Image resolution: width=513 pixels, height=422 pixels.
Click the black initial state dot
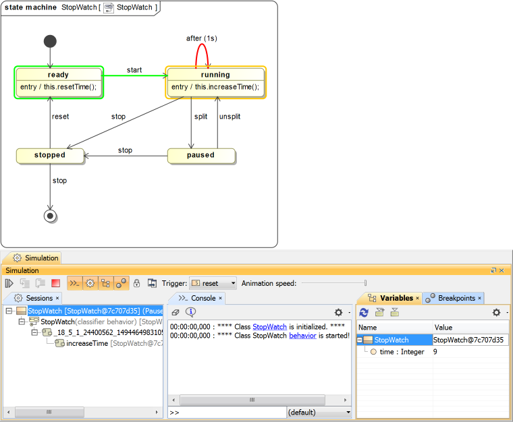[x=50, y=41]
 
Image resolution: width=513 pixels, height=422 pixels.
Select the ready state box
[x=58, y=82]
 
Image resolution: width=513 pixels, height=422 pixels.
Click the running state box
[x=215, y=82]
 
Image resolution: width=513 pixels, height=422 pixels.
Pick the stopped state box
[x=50, y=155]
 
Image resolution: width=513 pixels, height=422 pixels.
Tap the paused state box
[x=200, y=155]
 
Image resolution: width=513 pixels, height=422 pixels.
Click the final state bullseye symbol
[x=50, y=216]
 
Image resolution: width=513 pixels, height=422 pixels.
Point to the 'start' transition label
[x=134, y=70]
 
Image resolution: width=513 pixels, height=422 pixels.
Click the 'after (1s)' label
[x=202, y=38]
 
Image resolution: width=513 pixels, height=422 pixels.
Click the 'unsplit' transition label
[x=230, y=117]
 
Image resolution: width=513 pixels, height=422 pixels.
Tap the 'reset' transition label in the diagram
[x=61, y=117]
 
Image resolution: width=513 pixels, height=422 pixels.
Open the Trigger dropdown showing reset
[x=213, y=284]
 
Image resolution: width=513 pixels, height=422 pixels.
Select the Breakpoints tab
[x=456, y=298]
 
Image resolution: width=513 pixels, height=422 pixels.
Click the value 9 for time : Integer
[x=436, y=352]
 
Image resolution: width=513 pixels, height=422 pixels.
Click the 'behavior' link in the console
[x=302, y=335]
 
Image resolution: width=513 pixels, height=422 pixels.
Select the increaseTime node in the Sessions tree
[x=87, y=344]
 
